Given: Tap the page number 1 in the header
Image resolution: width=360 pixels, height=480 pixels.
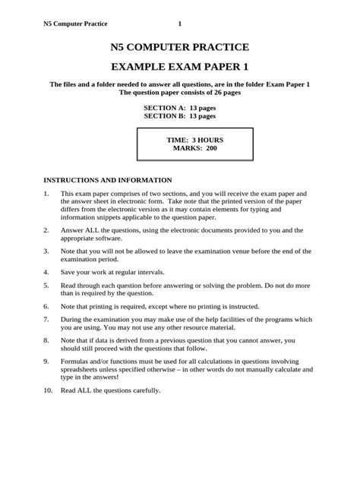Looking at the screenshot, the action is pos(180,23).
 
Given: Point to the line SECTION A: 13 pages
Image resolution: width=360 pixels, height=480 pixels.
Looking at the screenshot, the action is pos(179,109).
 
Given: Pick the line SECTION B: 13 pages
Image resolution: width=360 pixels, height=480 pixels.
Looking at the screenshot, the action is pos(179,118).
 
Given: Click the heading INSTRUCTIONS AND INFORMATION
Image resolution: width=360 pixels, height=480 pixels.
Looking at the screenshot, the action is pos(107,181).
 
